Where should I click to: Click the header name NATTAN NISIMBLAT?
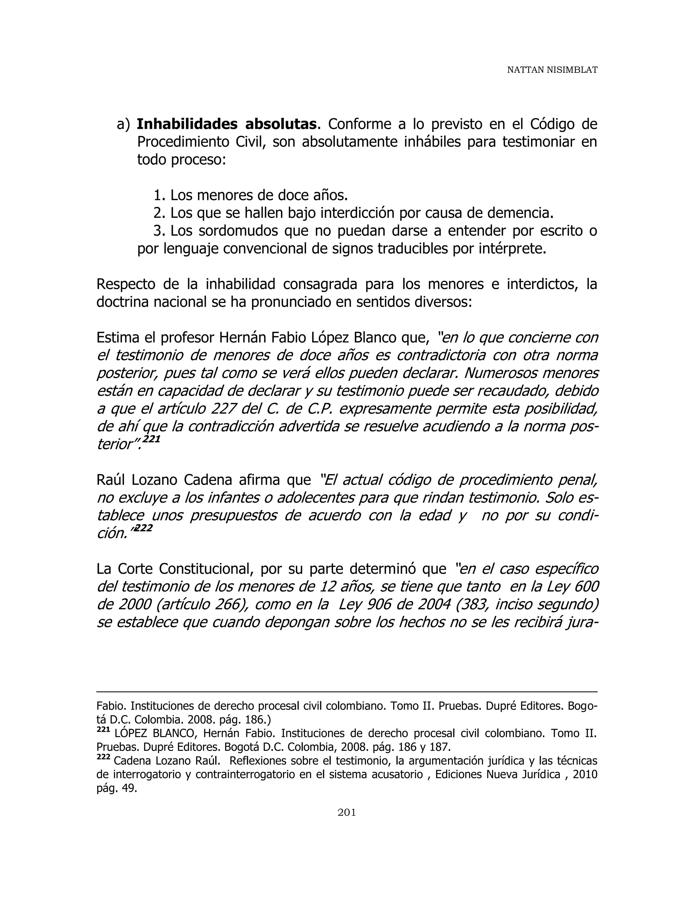point(552,70)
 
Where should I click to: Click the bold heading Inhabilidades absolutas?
point(227,124)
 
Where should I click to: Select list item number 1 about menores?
point(251,195)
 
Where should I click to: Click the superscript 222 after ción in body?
point(143,528)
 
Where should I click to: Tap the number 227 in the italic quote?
point(223,409)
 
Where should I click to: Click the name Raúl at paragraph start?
point(111,480)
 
